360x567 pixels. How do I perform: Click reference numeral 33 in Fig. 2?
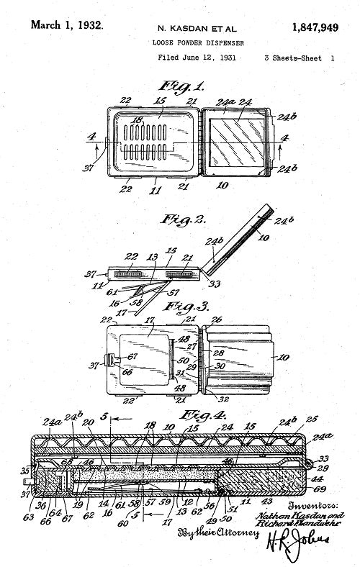click(213, 285)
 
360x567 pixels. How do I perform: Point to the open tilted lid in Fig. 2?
click(243, 237)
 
